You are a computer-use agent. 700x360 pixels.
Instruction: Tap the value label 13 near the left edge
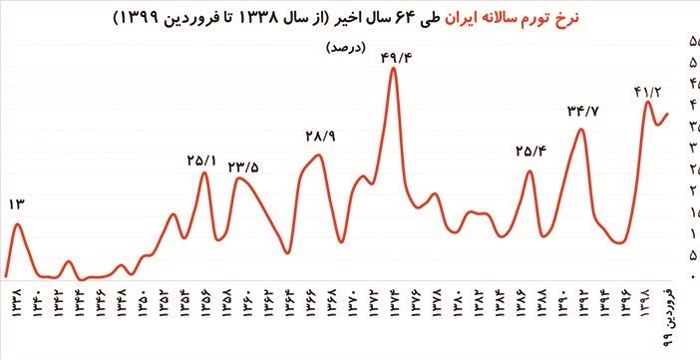16,204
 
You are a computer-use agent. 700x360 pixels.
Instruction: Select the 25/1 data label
201,159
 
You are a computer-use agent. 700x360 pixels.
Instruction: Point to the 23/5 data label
244,167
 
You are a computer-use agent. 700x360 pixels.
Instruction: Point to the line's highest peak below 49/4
393,69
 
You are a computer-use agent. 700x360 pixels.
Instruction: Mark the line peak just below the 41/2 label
649,102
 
